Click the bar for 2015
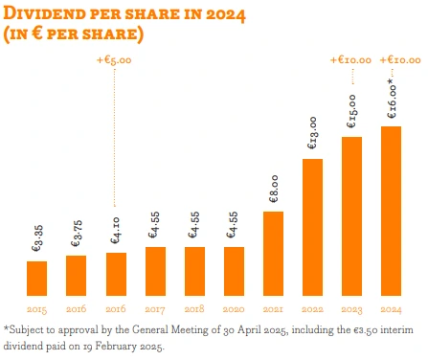(x=37, y=278)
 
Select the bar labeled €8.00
(x=273, y=253)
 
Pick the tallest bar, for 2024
(x=391, y=211)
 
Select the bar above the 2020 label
(x=234, y=271)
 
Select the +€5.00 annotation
(x=116, y=62)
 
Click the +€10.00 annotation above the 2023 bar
(x=350, y=59)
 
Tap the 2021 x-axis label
(x=273, y=309)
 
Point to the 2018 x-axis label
(x=194, y=309)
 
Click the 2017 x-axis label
(x=155, y=309)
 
